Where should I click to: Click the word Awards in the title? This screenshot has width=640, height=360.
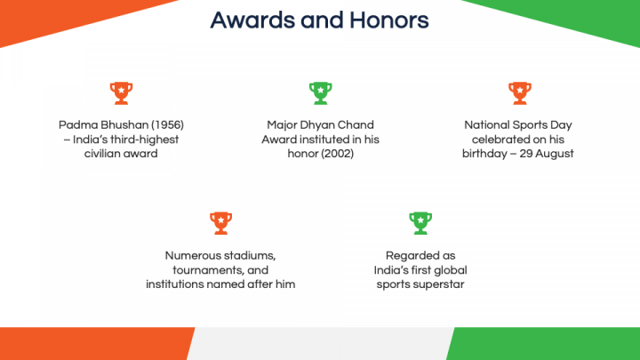pos(252,20)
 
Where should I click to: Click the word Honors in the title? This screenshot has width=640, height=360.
pos(389,20)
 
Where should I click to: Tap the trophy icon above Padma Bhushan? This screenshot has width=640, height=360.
pos(121,93)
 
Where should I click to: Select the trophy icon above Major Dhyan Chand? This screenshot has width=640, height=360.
pos(320,93)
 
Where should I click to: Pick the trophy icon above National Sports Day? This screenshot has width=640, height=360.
pos(520,93)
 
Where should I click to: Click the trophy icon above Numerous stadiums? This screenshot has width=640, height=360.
pos(220,223)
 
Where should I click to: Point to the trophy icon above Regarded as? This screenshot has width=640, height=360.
pos(420,223)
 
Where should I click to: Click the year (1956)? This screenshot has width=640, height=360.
pos(167,125)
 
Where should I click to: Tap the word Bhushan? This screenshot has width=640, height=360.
pos(124,125)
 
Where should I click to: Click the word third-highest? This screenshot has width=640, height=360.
pos(145,140)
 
